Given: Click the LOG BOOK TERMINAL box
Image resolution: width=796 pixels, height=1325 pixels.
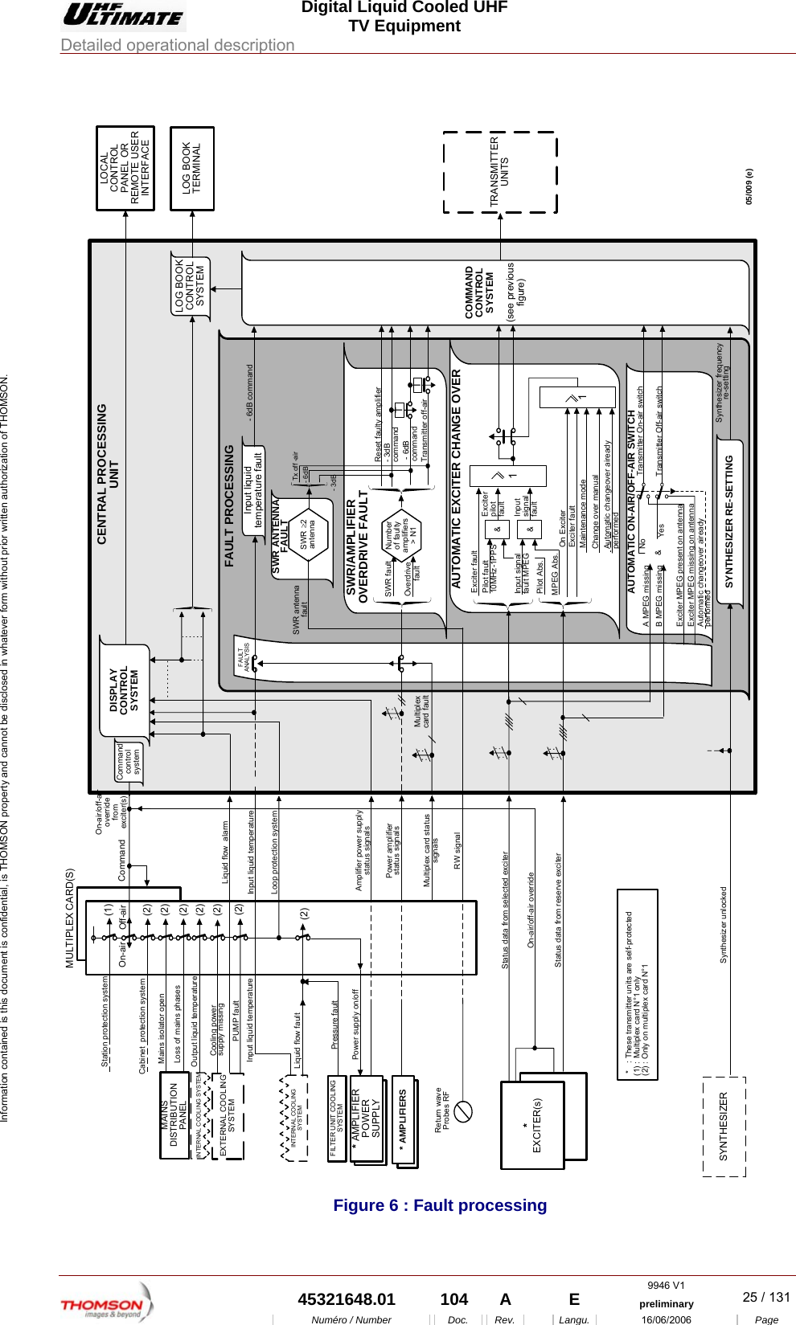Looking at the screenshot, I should pos(192,169).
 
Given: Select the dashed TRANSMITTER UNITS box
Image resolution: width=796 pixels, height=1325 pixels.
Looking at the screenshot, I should pos(499,172).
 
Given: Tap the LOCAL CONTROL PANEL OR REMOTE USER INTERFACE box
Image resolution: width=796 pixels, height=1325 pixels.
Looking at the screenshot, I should pos(125,169).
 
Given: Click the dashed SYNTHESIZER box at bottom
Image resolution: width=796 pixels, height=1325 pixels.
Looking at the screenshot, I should pos(724,1126).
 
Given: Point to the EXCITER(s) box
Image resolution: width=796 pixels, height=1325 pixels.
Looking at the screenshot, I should pos(532,1124).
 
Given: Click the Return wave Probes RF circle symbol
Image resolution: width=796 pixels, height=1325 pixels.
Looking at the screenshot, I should pos(463,1111).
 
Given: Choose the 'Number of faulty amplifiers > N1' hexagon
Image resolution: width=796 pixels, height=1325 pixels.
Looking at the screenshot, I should pos(400,536).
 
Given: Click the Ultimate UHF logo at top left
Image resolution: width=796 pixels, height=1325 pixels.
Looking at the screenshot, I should pos(124,15).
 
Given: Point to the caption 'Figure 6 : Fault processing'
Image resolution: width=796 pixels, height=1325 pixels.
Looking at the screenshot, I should pos(440,1204).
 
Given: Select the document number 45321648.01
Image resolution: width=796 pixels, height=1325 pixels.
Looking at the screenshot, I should pos(347,1299).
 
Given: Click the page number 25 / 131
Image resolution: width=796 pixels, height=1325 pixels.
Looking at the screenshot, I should pos(765,1297).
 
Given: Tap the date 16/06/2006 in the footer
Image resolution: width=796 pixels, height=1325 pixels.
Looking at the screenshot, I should pos(666,1319).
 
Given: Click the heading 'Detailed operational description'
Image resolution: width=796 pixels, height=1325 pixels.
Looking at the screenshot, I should pos(178,45).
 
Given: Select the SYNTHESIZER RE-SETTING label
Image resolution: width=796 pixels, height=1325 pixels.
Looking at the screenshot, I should pos(729,521).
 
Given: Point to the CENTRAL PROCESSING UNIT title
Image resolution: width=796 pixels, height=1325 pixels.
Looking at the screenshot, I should pos(107,473).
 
